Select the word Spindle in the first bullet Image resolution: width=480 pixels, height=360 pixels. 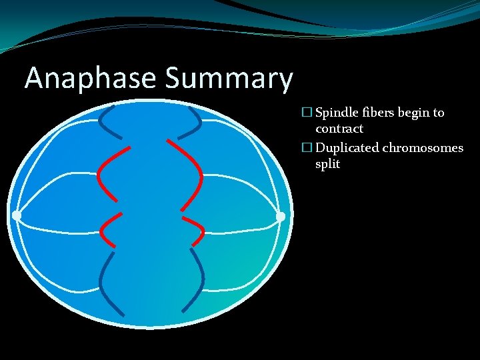point(337,113)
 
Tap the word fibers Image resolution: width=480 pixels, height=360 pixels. point(379,113)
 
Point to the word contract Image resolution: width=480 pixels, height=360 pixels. point(339,129)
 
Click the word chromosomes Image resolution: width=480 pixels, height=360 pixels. point(423,147)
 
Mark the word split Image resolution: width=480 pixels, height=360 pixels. point(327,164)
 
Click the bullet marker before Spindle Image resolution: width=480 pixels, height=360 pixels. point(306,113)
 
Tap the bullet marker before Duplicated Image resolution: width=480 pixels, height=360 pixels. point(306,147)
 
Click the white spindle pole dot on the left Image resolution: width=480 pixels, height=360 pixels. point(17,215)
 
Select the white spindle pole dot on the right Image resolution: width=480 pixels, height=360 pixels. point(281,216)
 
